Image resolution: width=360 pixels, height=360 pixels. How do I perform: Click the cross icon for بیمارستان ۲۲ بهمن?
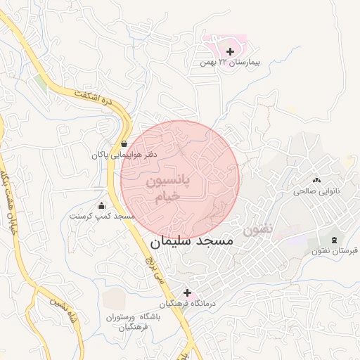pos(230,51)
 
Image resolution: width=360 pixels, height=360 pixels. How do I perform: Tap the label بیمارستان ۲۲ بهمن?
pos(230,63)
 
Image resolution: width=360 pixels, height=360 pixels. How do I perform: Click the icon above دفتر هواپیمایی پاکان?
pos(124,143)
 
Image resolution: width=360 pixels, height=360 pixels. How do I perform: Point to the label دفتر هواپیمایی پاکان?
pos(124,154)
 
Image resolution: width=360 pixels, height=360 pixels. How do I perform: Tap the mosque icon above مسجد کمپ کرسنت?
pos(102,206)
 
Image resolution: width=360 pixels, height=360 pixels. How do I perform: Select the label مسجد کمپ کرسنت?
pos(102,217)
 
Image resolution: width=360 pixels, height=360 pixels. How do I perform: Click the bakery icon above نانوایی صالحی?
pos(316,181)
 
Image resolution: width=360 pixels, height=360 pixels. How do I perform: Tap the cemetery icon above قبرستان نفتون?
pos(333,240)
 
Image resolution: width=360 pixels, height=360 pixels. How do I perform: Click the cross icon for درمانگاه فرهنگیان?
pos(187,292)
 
